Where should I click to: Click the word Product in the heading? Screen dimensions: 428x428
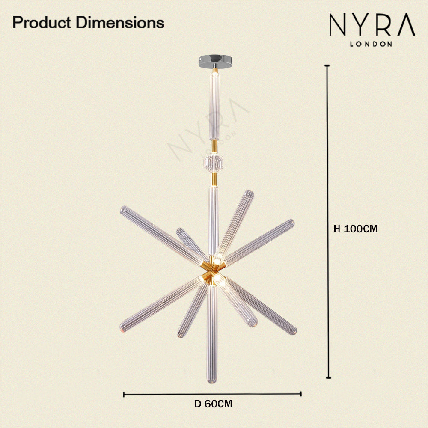pyautogui.click(x=42, y=22)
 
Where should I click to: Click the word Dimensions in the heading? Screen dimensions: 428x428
pyautogui.click(x=120, y=22)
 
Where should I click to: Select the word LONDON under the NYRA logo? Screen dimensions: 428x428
pyautogui.click(x=371, y=44)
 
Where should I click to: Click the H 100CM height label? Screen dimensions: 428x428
pyautogui.click(x=356, y=229)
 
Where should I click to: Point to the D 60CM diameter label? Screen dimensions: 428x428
pyautogui.click(x=213, y=404)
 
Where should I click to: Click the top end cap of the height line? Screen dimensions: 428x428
pyautogui.click(x=327, y=66)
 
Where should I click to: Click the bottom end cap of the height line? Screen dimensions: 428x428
pyautogui.click(x=328, y=378)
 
